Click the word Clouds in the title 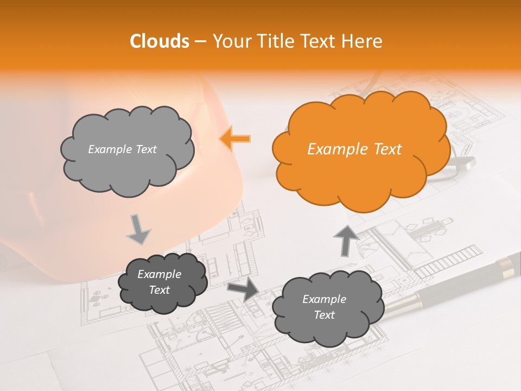click(159, 41)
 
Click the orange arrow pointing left click(235, 138)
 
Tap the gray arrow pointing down click(138, 230)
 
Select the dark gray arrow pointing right click(243, 289)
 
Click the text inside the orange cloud click(354, 149)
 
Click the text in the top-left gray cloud click(122, 149)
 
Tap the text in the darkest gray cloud click(159, 282)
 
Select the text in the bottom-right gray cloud click(324, 307)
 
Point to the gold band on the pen click(505, 265)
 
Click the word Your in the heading click(227, 41)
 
